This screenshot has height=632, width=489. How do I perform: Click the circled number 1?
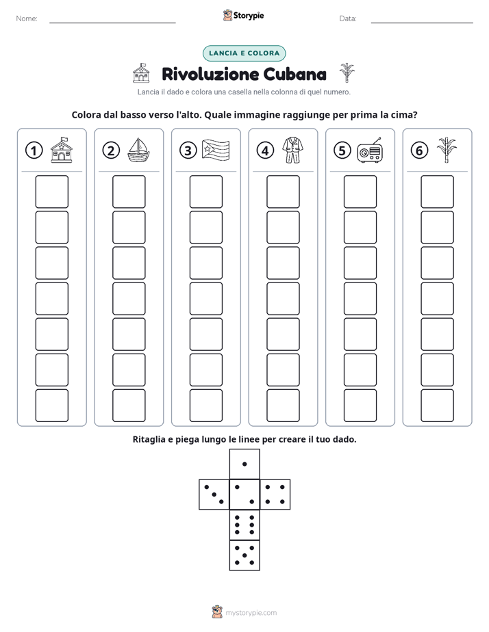click(x=34, y=150)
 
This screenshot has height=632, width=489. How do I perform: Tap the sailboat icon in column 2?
click(x=138, y=150)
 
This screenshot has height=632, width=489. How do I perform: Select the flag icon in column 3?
click(x=216, y=150)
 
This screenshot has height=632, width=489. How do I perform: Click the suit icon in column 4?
click(x=292, y=150)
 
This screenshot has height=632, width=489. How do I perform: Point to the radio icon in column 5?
click(x=370, y=150)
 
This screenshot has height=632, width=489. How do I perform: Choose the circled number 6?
click(x=419, y=150)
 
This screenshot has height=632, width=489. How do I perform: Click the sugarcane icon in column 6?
click(x=447, y=150)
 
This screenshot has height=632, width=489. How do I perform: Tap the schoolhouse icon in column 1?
click(x=62, y=150)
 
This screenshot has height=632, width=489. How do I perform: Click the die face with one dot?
click(x=244, y=464)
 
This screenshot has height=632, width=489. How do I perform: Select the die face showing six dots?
click(x=244, y=525)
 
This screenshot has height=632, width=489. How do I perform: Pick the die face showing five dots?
click(x=244, y=555)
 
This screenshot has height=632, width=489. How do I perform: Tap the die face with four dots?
click(x=275, y=495)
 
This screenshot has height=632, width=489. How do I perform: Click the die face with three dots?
click(x=214, y=495)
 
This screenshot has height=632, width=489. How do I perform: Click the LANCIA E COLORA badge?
click(x=244, y=53)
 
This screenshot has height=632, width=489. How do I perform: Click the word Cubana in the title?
click(x=295, y=74)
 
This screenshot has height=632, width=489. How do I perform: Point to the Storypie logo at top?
click(x=243, y=15)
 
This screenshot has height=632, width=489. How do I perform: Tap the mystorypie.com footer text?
click(x=251, y=613)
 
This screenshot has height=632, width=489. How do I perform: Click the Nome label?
click(x=27, y=18)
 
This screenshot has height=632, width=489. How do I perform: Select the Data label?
click(x=348, y=18)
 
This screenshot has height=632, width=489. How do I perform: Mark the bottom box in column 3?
click(x=205, y=406)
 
